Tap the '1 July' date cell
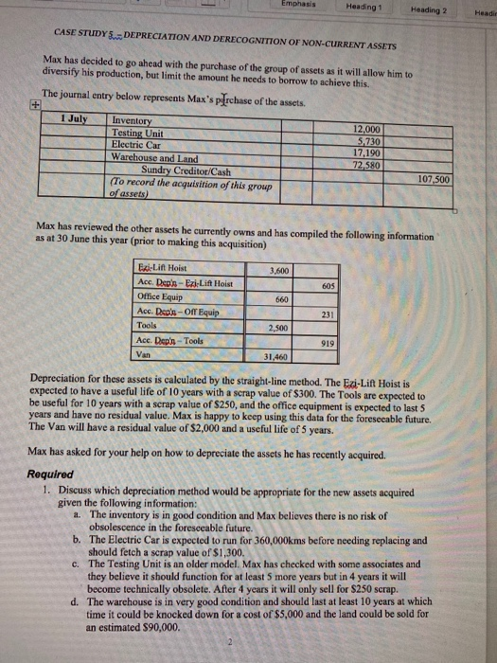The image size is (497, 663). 56,118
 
